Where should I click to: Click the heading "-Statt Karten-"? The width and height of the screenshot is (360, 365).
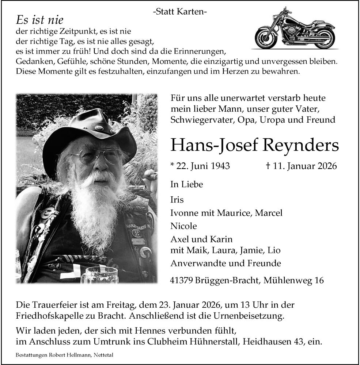[x=180, y=12]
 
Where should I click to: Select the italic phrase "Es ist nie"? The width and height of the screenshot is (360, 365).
[x=40, y=20]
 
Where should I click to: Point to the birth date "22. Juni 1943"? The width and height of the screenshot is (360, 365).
[x=200, y=166]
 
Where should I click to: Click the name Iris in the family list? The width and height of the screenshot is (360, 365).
[x=177, y=200]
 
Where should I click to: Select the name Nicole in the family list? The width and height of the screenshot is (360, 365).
[x=183, y=226]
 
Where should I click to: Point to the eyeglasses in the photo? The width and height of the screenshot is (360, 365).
[x=97, y=156]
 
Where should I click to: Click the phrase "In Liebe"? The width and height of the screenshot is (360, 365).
[x=186, y=184]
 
